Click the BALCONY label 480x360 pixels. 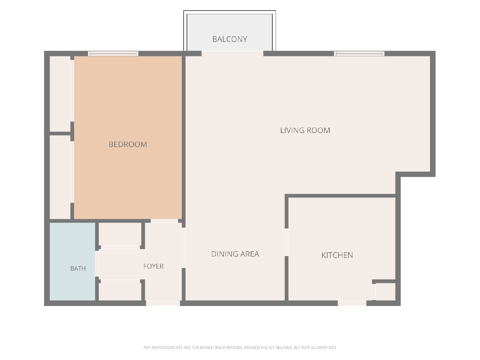click(x=230, y=39)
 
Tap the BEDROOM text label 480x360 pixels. click(x=128, y=144)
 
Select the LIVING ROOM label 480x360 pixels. click(x=305, y=130)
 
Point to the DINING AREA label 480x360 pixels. click(x=235, y=254)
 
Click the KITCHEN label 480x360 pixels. click(x=337, y=255)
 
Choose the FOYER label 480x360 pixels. click(x=154, y=266)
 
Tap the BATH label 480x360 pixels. click(x=78, y=268)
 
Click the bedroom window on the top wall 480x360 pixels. click(x=113, y=54)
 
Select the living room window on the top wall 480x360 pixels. click(x=359, y=54)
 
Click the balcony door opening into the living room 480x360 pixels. click(x=232, y=54)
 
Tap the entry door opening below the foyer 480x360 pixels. click(x=163, y=303)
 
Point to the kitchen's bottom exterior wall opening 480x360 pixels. click(x=352, y=303)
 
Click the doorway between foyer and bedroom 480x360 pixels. click(x=164, y=221)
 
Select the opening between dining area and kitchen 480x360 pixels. click(x=286, y=242)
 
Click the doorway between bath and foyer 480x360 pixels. click(x=97, y=264)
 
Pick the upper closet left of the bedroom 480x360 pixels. click(x=60, y=94)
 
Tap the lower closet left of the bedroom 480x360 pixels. click(x=60, y=177)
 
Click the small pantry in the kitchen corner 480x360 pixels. click(x=385, y=292)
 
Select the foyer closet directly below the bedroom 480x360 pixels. click(x=120, y=234)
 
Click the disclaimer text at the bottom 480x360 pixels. click(x=240, y=347)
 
